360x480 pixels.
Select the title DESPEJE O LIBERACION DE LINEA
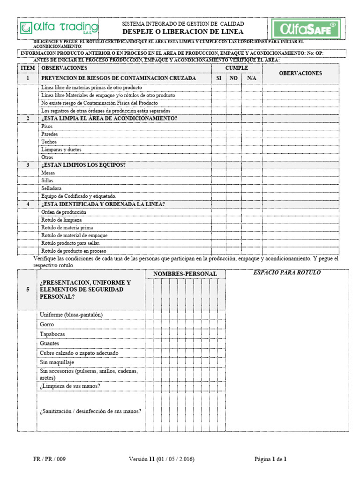(x=183, y=32)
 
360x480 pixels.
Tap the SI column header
(x=218, y=78)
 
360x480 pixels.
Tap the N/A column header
(x=252, y=78)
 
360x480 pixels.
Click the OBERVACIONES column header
(x=300, y=74)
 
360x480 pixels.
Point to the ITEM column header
(x=28, y=68)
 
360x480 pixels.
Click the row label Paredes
(x=50, y=134)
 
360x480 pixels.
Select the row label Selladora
(x=52, y=188)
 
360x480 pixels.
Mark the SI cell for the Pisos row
(x=218, y=127)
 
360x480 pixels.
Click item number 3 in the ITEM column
(x=28, y=165)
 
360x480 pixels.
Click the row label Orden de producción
(x=64, y=212)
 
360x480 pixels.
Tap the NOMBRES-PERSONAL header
(x=185, y=274)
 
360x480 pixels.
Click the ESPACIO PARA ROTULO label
(x=287, y=273)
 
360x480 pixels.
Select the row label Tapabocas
(x=53, y=334)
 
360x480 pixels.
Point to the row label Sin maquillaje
(x=57, y=362)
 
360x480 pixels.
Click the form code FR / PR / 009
(x=50, y=459)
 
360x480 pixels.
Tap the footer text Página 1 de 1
(x=270, y=459)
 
